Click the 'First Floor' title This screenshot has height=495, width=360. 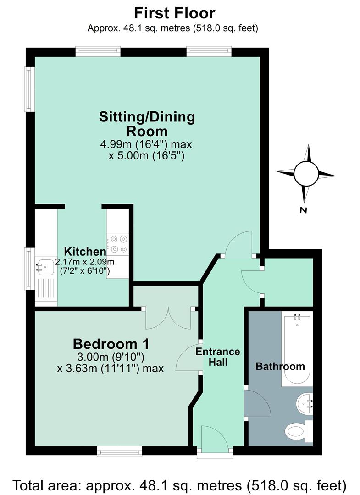(x=175, y=13)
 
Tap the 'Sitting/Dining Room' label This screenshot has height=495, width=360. (x=147, y=123)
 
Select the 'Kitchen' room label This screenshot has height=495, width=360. (x=85, y=252)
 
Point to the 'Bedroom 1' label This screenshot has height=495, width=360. (x=111, y=344)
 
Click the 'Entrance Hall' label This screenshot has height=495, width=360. (x=218, y=357)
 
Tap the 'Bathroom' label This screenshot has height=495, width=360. (x=280, y=366)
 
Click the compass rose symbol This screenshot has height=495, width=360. (x=306, y=173)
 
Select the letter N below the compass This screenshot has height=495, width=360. (x=304, y=210)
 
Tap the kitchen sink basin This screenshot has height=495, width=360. (x=44, y=266)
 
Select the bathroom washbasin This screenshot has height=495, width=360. (x=305, y=403)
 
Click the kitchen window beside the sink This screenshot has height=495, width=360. (x=30, y=269)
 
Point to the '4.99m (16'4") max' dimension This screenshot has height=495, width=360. (x=146, y=144)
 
